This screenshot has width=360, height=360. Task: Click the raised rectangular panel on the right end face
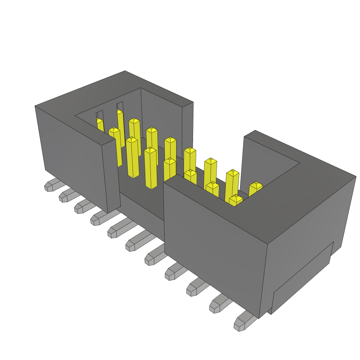[302, 278]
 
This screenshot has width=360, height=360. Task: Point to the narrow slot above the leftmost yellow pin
[100, 115]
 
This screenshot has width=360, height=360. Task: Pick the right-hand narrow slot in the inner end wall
[120, 105]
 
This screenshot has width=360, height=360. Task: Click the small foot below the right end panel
[269, 311]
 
